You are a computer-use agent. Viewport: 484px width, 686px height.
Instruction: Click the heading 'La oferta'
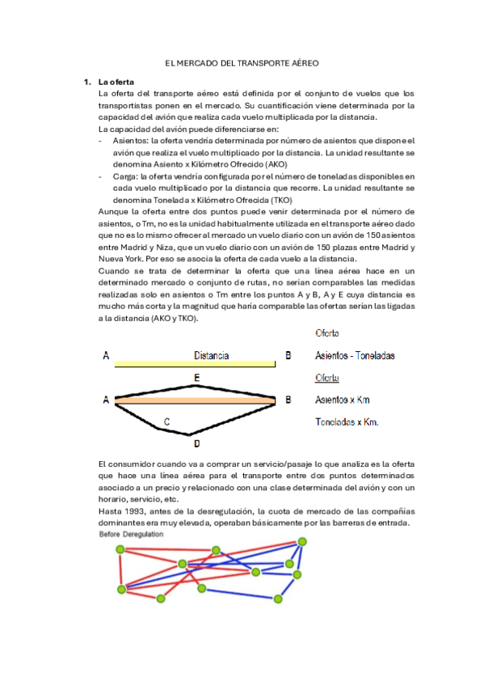pyautogui.click(x=117, y=82)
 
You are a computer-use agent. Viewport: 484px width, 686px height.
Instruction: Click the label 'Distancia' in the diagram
pyautogui.click(x=212, y=355)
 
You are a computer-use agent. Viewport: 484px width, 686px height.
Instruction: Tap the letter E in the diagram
pyautogui.click(x=197, y=378)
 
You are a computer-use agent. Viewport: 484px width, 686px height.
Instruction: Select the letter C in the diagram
pyautogui.click(x=166, y=421)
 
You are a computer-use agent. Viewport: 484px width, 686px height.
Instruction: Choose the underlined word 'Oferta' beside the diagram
pyautogui.click(x=327, y=378)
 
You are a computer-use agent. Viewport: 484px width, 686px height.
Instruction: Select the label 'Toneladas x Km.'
pyautogui.click(x=347, y=422)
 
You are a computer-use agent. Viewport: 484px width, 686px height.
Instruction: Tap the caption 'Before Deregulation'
pyautogui.click(x=131, y=535)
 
